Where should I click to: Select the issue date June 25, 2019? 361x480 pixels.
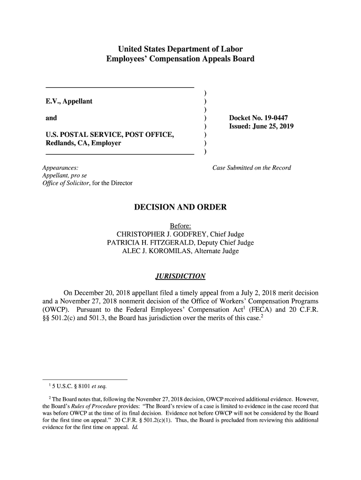pos(273,127)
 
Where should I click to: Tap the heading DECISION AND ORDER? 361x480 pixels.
pos(180,207)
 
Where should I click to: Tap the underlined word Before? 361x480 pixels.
pos(180,226)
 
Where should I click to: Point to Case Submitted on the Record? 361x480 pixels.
pos(252,168)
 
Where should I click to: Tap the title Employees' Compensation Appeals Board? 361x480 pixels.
pos(180,59)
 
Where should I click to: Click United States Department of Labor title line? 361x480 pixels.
pos(180,49)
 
